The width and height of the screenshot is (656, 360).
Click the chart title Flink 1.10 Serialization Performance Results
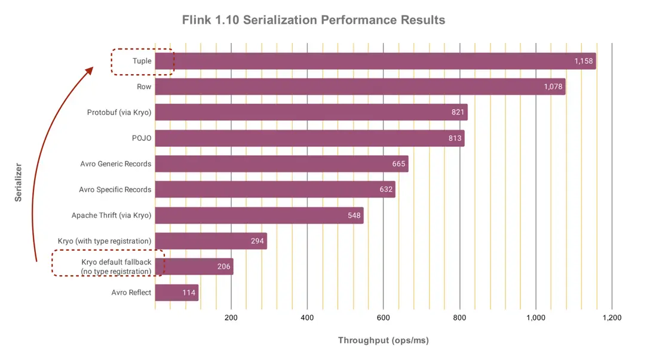[314, 20]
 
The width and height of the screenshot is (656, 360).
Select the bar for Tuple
[375, 61]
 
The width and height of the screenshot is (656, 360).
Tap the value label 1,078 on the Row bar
[553, 87]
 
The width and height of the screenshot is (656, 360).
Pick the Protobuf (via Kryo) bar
[311, 112]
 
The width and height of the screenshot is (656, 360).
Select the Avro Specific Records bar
[275, 189]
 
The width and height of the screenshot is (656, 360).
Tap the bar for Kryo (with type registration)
[210, 241]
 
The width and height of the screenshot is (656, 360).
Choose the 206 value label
[223, 267]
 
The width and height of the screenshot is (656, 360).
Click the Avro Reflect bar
[176, 293]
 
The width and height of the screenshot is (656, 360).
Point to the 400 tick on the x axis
[307, 318]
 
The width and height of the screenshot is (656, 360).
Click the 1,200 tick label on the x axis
[611, 318]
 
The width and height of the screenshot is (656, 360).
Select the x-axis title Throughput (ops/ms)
[383, 340]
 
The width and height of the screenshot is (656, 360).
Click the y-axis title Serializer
[18, 181]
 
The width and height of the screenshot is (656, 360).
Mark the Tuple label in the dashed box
[142, 61]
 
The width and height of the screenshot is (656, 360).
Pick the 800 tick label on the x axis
[459, 318]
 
